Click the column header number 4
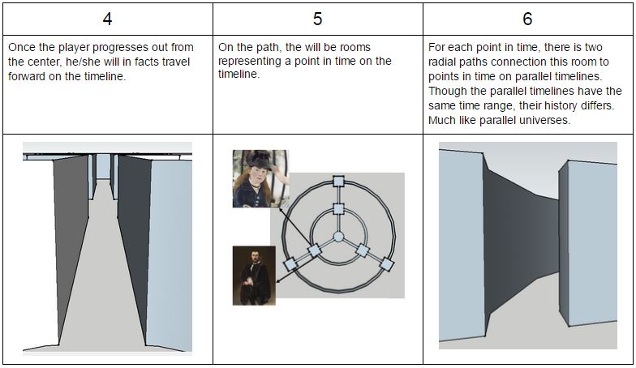[x=107, y=19]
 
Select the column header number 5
[x=318, y=19]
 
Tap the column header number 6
[x=527, y=19]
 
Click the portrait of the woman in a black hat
[x=260, y=178]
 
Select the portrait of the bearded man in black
[x=254, y=276]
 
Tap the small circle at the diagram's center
[x=338, y=237]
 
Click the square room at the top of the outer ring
[x=338, y=181]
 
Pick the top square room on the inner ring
[x=338, y=209]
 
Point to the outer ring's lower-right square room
[x=386, y=264]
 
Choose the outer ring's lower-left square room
[x=290, y=264]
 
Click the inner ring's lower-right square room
[x=362, y=250]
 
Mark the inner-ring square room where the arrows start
[x=315, y=250]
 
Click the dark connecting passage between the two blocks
[x=521, y=243]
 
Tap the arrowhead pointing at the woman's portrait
[x=281, y=209]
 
